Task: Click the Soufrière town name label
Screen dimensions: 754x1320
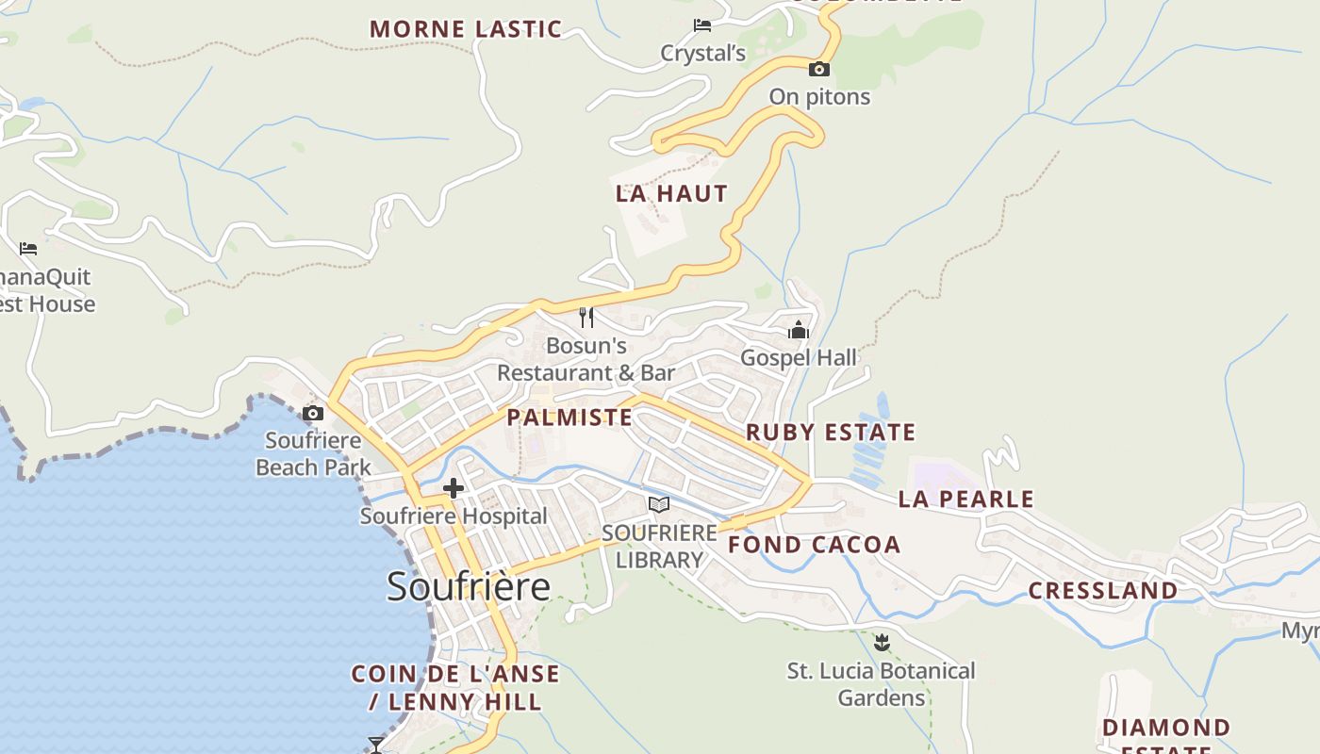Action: click(469, 586)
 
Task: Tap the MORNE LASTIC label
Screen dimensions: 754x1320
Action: click(466, 29)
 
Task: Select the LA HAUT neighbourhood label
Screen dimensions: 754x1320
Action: click(671, 194)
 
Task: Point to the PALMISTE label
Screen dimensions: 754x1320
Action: click(569, 418)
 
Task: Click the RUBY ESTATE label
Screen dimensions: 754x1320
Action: click(831, 433)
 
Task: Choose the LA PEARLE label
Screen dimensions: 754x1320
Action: click(965, 499)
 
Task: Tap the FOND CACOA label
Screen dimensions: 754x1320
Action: click(814, 545)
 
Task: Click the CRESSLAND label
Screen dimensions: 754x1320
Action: click(1102, 591)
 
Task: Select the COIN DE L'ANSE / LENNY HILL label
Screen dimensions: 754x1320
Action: click(455, 688)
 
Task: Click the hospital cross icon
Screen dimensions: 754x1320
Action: click(454, 488)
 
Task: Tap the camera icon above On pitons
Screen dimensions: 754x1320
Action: click(819, 69)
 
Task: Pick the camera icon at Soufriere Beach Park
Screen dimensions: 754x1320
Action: click(313, 413)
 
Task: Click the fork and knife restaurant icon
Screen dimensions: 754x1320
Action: click(586, 317)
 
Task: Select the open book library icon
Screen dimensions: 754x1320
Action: click(659, 504)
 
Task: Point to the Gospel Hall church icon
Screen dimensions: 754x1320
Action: click(799, 330)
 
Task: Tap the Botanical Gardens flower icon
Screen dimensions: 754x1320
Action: click(882, 643)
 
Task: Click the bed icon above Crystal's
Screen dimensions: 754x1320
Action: click(702, 25)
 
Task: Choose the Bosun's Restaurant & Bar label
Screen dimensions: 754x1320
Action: click(586, 359)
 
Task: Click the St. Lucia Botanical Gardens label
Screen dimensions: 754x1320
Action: click(882, 684)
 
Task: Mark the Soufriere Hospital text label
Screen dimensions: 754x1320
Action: click(454, 516)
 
